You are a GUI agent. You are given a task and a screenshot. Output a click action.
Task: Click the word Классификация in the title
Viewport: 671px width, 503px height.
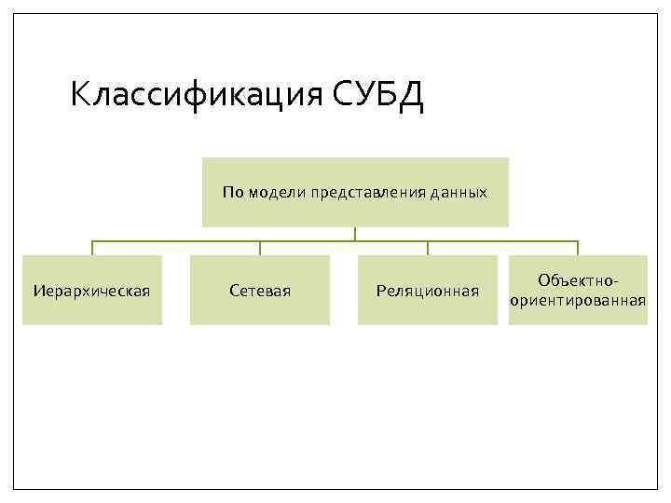click(x=196, y=95)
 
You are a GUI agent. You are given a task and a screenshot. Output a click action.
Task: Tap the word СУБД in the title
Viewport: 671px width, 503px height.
click(x=377, y=95)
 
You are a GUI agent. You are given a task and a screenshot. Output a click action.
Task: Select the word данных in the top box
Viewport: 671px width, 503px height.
click(x=459, y=193)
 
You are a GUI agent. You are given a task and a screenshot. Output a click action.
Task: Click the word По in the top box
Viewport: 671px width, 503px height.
click(x=232, y=193)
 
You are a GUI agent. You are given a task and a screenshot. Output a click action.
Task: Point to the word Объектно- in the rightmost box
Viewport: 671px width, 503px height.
click(x=578, y=280)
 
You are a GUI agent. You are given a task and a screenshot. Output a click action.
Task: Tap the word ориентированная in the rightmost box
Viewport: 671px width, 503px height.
click(x=578, y=300)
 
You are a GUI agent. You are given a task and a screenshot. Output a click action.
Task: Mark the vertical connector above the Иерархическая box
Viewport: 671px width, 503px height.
click(x=92, y=248)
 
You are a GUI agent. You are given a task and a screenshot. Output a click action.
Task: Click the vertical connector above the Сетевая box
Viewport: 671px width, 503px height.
click(x=260, y=248)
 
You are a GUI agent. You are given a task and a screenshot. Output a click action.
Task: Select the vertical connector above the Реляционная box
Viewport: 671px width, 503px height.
click(x=428, y=248)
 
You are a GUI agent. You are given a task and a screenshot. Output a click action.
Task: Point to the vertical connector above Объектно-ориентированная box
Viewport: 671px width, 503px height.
click(x=578, y=248)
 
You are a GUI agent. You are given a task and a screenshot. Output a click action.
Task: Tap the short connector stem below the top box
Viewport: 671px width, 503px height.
click(x=355, y=234)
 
